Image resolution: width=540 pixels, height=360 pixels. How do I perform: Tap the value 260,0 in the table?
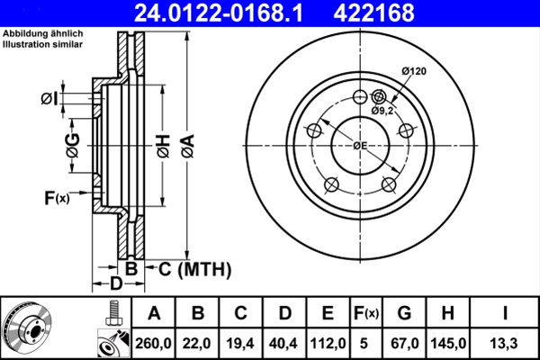coord(154,343)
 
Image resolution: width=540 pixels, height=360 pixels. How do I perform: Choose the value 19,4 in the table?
coord(241,343)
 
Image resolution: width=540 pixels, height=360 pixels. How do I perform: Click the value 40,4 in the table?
coord(284,343)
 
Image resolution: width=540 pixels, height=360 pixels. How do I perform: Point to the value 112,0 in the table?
coord(328,343)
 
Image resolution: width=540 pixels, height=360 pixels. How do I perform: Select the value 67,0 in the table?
coord(405,343)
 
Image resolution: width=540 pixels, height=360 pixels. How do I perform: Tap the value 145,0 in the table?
coord(447,343)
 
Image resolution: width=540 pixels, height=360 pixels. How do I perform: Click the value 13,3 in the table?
coord(507,343)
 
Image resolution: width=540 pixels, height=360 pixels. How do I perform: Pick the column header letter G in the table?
coord(405,313)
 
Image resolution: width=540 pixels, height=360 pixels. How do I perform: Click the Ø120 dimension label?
coord(413,71)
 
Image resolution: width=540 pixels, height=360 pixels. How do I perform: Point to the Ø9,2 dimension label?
coord(383,110)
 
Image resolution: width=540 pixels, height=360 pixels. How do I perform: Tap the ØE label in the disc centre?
coord(359,146)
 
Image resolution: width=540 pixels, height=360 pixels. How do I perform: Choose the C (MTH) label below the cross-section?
coord(190,268)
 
